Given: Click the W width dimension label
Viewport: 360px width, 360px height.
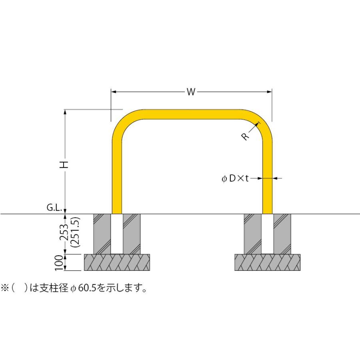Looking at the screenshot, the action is pyautogui.click(x=191, y=92).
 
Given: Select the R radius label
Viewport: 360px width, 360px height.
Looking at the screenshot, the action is pyautogui.click(x=245, y=137).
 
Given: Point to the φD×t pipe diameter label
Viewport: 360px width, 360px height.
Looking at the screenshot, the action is pyautogui.click(x=235, y=178).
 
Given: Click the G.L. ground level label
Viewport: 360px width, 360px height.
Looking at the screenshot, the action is pyautogui.click(x=54, y=208).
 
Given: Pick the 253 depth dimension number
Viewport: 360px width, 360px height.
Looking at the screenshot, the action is pyautogui.click(x=64, y=232).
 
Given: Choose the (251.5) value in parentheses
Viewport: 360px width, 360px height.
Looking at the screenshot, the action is pyautogui.click(x=75, y=232).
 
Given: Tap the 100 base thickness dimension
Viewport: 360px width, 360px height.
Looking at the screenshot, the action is pyautogui.click(x=59, y=263).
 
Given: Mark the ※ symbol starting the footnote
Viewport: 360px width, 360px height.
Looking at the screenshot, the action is pyautogui.click(x=4, y=288).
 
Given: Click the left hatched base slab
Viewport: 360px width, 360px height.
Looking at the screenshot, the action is pyautogui.click(x=117, y=262).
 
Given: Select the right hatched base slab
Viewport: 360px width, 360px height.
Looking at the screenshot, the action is pyautogui.click(x=267, y=262).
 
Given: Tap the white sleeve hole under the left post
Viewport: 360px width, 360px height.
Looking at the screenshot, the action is pyautogui.click(x=117, y=234).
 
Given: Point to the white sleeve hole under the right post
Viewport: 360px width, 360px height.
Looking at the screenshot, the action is pyautogui.click(x=268, y=234).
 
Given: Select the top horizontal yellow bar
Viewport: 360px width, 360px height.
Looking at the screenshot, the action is pyautogui.click(x=192, y=114).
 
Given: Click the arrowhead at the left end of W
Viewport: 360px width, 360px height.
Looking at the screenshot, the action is pyautogui.click(x=114, y=92).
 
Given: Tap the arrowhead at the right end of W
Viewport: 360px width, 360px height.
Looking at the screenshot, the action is pyautogui.click(x=270, y=92).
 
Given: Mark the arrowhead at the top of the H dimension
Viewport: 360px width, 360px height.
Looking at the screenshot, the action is pyautogui.click(x=65, y=112).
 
